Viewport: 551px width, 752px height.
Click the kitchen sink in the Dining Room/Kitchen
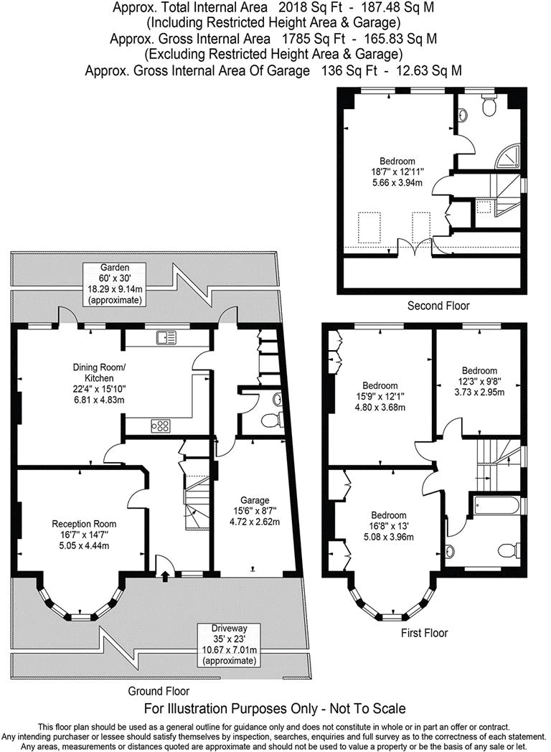pos(166,336)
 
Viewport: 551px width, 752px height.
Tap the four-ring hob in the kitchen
pos(161,426)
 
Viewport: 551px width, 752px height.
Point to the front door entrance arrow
pos(166,574)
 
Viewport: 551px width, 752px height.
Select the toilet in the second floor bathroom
pos(490,107)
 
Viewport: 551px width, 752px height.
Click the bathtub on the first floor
pos(496,506)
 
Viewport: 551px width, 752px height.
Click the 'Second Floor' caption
pos(438,306)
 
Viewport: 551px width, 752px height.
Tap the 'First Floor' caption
pos(424,633)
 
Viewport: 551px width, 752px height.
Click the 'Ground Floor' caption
pos(159,691)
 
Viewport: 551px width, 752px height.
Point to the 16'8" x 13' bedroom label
pos(388,525)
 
